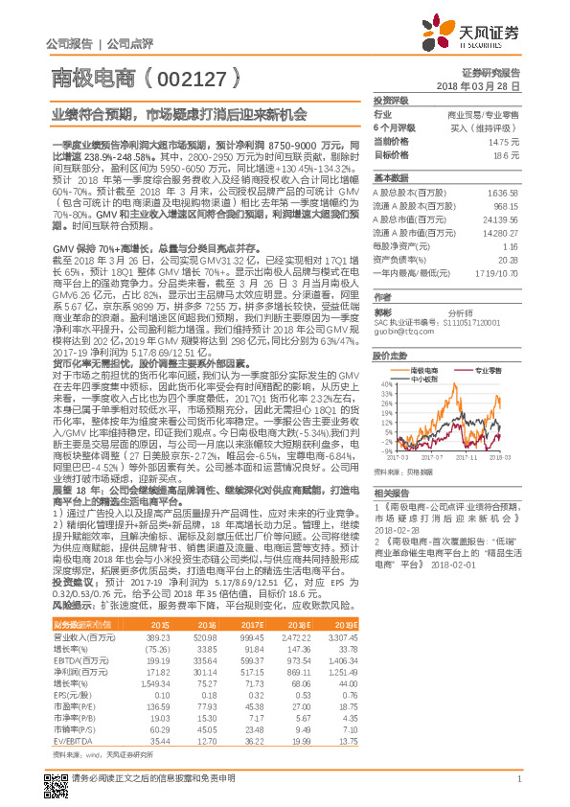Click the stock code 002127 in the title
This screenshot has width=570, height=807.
(x=193, y=77)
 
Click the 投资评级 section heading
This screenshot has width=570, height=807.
(x=391, y=100)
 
